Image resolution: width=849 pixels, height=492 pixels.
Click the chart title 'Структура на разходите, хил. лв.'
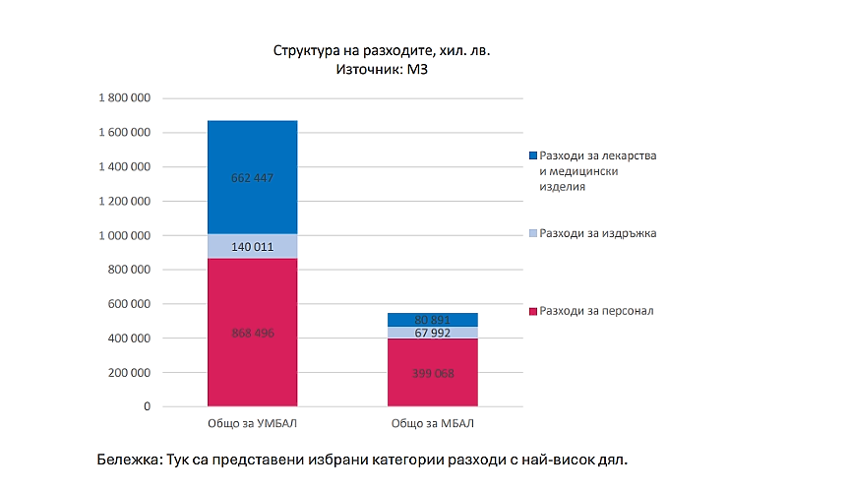pos(381,49)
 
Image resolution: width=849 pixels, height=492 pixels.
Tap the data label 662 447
pos(252,178)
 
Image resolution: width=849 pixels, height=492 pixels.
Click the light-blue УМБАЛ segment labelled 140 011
pos(252,246)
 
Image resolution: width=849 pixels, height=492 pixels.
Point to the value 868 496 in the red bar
pos(252,334)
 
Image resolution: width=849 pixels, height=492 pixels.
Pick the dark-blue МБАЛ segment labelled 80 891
pos(432,320)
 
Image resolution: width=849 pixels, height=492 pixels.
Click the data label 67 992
pos(432,334)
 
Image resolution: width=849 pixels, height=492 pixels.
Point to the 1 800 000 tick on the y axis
pos(125,98)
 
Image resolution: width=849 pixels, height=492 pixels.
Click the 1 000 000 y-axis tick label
pos(125,236)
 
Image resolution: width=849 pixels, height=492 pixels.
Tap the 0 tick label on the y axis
pos(147,406)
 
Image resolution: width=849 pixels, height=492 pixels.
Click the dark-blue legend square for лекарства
pos(532,156)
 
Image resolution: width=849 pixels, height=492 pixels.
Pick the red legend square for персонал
pos(532,312)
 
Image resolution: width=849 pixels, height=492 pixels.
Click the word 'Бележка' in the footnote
pos(129,459)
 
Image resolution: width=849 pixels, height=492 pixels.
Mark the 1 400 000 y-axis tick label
pos(125,167)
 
